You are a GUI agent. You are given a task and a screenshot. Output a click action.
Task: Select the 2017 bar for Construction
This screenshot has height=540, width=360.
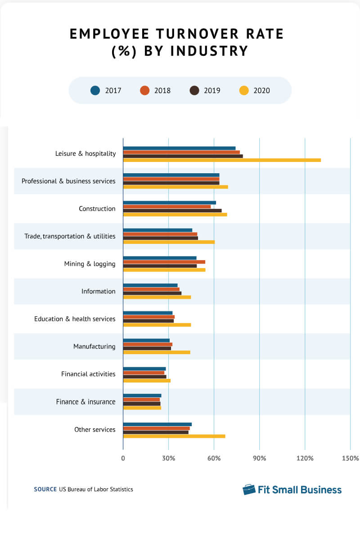coord(169,202)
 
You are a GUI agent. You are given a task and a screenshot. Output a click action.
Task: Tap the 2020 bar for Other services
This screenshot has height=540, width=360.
coord(174,436)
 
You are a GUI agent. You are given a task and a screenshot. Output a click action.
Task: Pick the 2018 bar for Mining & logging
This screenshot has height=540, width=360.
coord(164,262)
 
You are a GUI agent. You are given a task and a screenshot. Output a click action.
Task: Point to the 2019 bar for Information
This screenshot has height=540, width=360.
coord(152,293)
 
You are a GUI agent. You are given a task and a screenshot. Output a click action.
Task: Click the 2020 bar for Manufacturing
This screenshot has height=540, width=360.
coord(156,352)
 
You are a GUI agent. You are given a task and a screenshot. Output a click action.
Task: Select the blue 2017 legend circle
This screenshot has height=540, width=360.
coord(95,90)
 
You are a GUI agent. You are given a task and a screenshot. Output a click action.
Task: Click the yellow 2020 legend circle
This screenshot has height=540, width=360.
coord(243,90)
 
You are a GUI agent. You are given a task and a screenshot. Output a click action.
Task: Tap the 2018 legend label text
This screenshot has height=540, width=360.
coord(162,90)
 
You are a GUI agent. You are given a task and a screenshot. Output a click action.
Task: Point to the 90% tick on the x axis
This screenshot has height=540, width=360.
coord(259,459)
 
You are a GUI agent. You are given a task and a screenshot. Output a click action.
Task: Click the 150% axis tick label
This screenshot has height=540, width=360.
coord(350,459)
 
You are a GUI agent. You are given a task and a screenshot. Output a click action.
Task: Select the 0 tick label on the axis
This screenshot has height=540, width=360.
coord(123,459)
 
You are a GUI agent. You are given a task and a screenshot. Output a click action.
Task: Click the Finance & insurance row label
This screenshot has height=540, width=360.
coord(85,402)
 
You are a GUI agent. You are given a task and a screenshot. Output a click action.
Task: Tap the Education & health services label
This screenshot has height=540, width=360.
coord(75,319)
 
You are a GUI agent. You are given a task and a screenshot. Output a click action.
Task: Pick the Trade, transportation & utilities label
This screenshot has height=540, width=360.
coord(70,236)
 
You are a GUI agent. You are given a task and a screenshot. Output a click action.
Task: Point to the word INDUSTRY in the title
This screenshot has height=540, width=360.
coord(209,51)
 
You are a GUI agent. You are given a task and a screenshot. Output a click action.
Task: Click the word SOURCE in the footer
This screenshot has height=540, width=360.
coord(45,489)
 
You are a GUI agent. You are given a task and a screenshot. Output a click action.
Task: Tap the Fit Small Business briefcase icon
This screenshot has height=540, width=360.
coord(249,490)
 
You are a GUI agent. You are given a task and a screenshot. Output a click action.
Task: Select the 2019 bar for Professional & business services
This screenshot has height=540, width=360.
coord(171,183)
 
